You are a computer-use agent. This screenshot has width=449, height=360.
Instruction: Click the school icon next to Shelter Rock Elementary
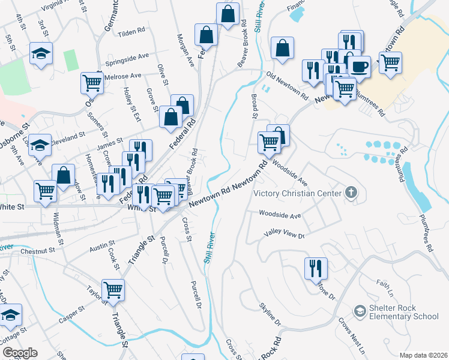360,311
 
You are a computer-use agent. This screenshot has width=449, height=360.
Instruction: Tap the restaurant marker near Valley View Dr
316,268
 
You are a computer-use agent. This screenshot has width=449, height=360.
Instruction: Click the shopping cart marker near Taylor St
112,290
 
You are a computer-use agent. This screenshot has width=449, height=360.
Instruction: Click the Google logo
20,353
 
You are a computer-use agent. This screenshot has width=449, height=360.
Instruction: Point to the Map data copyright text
424,355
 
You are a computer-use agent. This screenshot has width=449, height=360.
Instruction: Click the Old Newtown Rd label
288,86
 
